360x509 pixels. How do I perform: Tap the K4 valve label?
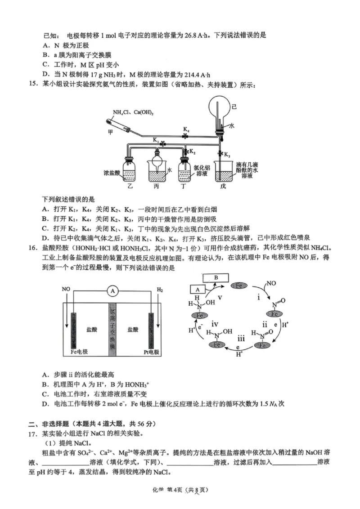pyautogui.click(x=186, y=129)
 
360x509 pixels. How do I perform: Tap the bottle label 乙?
pyautogui.click(x=130, y=185)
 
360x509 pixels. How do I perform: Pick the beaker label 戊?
pyautogui.click(x=224, y=186)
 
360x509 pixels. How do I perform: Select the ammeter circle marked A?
pyautogui.click(x=113, y=291)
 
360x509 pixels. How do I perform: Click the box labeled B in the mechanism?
pyautogui.click(x=216, y=278)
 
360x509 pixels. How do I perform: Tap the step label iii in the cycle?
pyautogui.click(x=241, y=339)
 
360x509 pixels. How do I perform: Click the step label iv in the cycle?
pyautogui.click(x=216, y=324)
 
